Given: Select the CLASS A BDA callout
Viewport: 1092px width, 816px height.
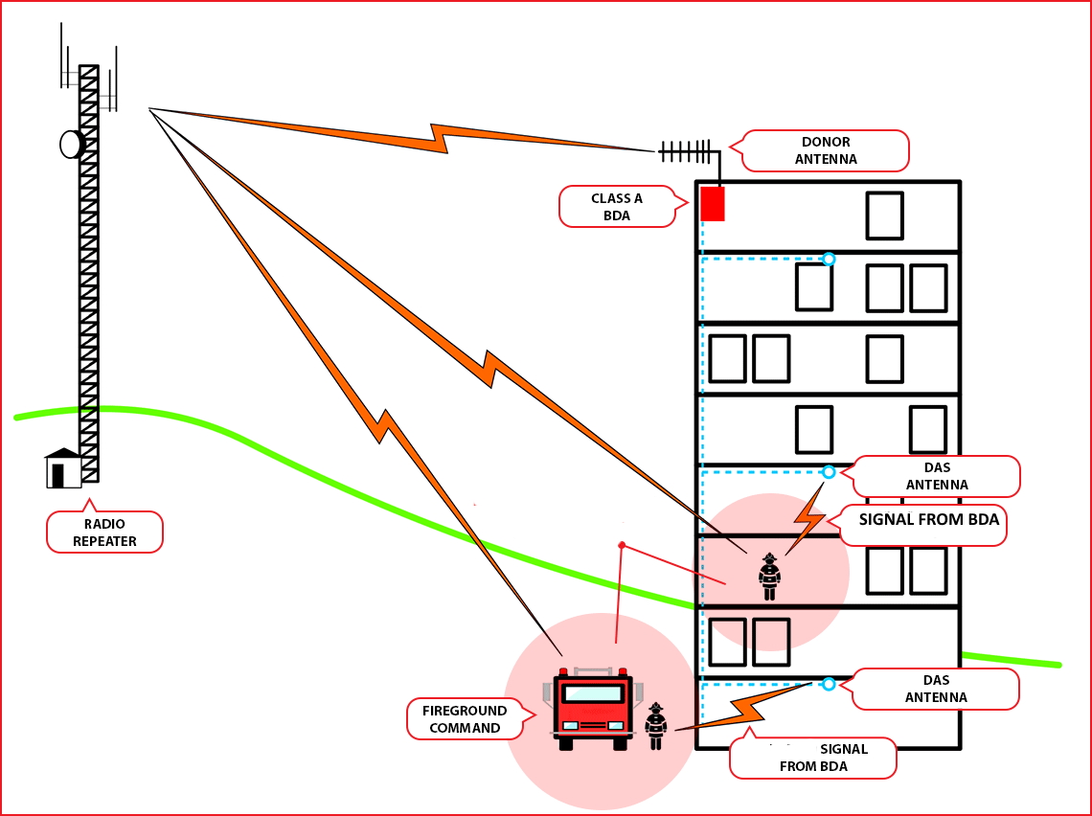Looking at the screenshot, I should click(x=617, y=206).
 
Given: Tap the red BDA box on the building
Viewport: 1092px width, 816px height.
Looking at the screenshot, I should click(x=713, y=204).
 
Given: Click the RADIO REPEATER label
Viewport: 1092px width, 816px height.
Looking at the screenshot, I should click(x=104, y=533).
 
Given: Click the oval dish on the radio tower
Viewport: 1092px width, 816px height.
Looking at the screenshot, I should click(x=72, y=144).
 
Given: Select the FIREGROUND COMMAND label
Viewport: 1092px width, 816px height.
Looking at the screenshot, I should click(x=465, y=718).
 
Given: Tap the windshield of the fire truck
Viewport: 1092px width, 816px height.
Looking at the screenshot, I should click(x=592, y=693).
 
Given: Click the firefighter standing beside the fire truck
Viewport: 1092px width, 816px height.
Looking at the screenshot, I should click(x=655, y=726).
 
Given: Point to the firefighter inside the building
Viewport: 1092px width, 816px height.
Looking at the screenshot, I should click(x=769, y=577).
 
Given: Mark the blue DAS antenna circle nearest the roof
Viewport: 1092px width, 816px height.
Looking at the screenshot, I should click(x=829, y=259).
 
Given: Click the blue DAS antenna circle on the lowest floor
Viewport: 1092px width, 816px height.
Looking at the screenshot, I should click(x=829, y=684).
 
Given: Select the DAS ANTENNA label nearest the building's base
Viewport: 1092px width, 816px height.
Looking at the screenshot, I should click(x=935, y=689).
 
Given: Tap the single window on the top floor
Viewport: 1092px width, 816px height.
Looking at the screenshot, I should click(x=884, y=215).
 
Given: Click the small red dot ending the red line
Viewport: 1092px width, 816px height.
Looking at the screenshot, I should click(x=622, y=545).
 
